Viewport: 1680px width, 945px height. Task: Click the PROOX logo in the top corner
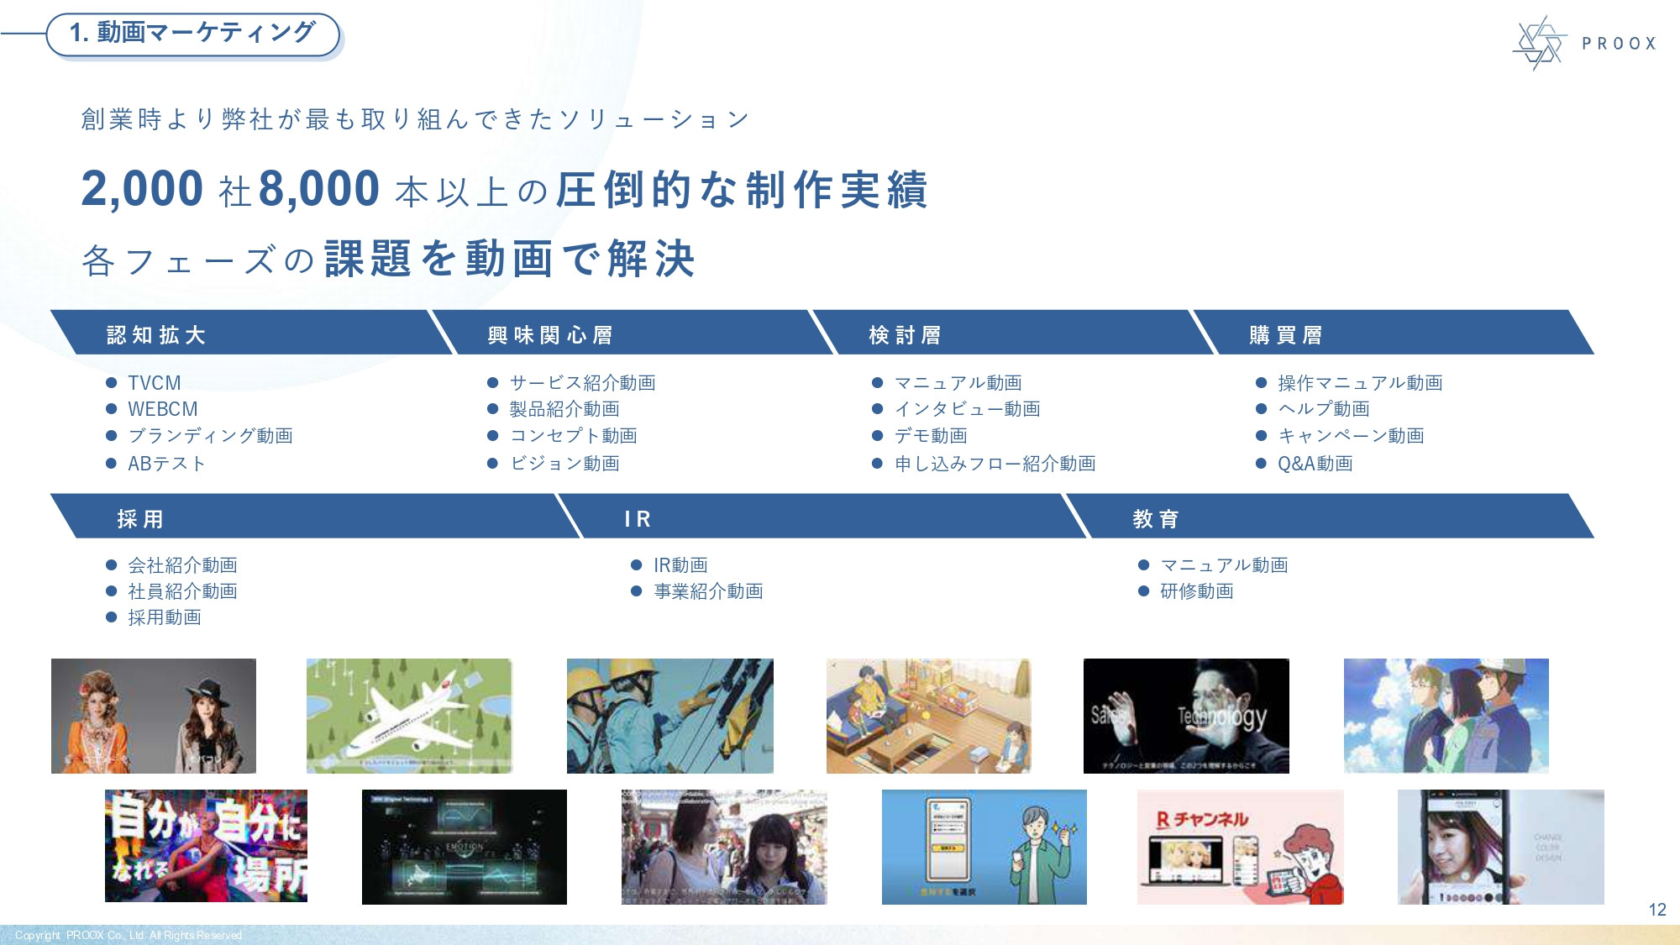[1583, 43]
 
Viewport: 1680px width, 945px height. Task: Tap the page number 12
[1656, 910]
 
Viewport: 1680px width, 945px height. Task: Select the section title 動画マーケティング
[193, 34]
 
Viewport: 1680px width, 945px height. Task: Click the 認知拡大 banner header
[156, 335]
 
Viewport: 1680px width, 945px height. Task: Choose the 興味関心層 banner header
[550, 335]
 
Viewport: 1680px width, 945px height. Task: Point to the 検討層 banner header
[905, 335]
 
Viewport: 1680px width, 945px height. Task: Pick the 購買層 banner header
[1286, 335]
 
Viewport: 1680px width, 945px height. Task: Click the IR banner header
[638, 519]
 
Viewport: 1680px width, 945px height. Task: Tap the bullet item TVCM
[155, 383]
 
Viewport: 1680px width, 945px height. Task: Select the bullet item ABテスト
[166, 464]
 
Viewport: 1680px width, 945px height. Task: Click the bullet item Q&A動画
[1315, 464]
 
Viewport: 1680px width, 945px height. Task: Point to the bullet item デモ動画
[931, 436]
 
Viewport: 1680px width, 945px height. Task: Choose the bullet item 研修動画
[1196, 591]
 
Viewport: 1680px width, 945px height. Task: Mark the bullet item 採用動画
[165, 617]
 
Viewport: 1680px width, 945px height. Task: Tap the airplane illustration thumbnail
[409, 716]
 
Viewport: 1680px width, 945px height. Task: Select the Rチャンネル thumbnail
[1240, 847]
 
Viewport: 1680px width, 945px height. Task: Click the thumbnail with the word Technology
[1186, 716]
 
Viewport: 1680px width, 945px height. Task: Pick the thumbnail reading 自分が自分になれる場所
[206, 846]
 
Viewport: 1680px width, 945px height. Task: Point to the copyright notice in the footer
[129, 935]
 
